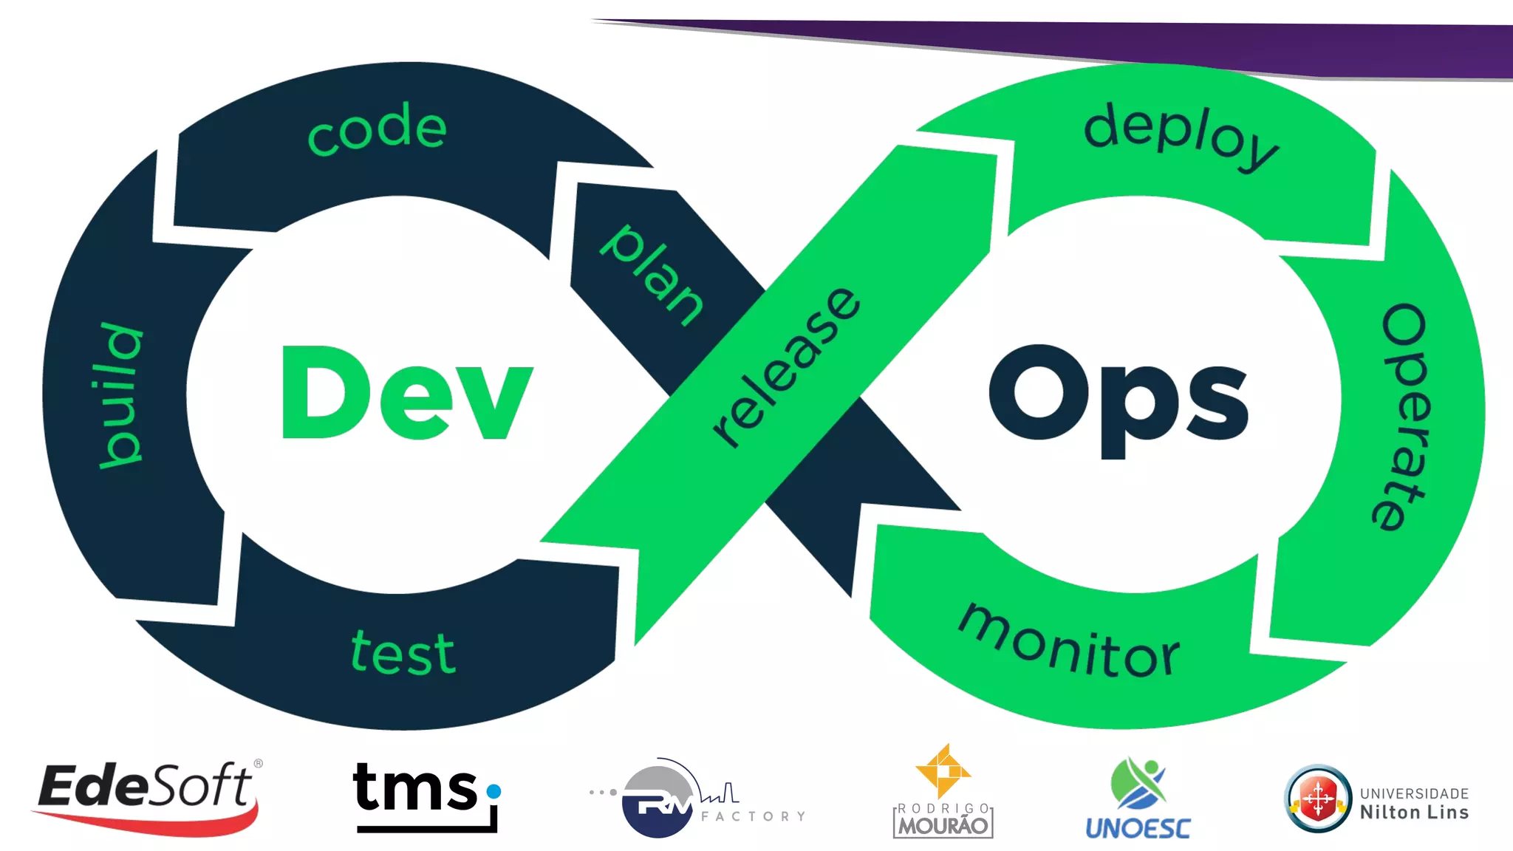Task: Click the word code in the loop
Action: [377, 129]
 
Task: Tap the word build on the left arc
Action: [120, 395]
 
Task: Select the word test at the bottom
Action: [403, 653]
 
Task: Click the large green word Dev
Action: [406, 393]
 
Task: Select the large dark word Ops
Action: [1118, 399]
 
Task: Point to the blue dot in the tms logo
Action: [494, 791]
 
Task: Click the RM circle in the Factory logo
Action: [658, 801]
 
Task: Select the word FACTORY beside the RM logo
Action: [753, 816]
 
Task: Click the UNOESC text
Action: [1138, 828]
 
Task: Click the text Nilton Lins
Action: [1414, 813]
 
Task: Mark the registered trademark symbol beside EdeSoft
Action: [258, 763]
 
